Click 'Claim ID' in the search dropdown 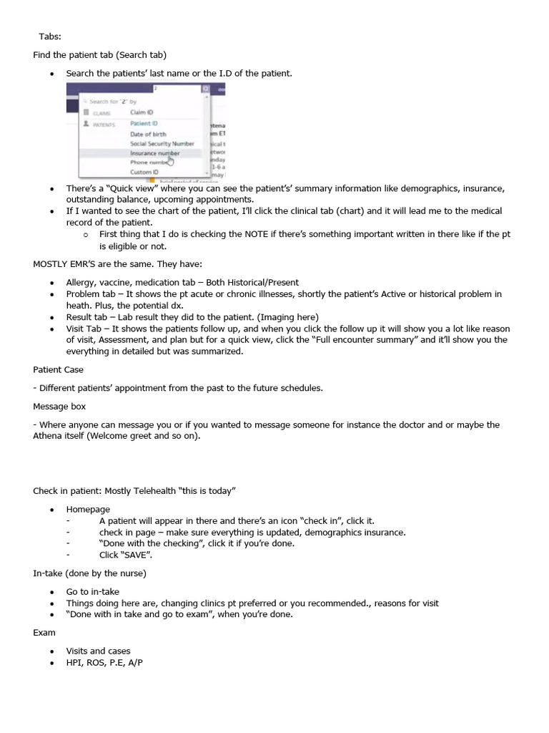(141, 112)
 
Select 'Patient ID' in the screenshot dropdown (144, 123)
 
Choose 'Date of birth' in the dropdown (148, 134)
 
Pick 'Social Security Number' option (162, 143)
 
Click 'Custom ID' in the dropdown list (144, 172)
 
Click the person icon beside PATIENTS (86, 123)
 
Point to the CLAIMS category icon (86, 112)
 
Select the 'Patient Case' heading (58, 369)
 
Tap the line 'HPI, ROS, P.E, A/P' (104, 663)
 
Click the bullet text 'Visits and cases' (98, 651)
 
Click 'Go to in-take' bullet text (92, 591)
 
